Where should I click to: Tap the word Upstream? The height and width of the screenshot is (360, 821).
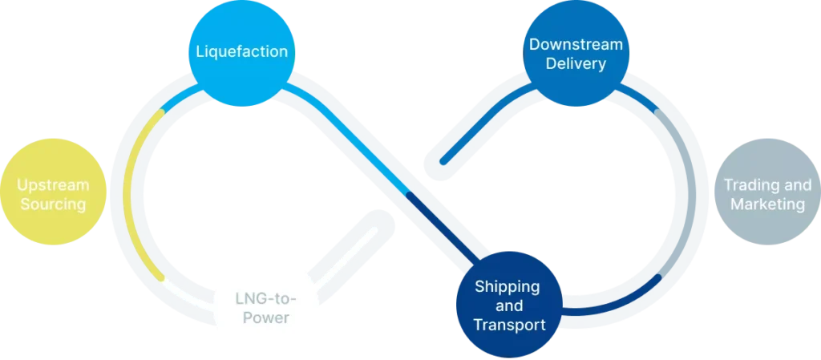[x=53, y=185]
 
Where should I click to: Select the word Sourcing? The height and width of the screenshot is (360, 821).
[x=53, y=204]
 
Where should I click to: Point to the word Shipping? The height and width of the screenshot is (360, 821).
[x=507, y=286]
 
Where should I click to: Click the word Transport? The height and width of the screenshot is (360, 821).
[x=509, y=325]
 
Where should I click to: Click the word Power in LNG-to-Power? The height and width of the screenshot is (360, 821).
[x=268, y=318]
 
